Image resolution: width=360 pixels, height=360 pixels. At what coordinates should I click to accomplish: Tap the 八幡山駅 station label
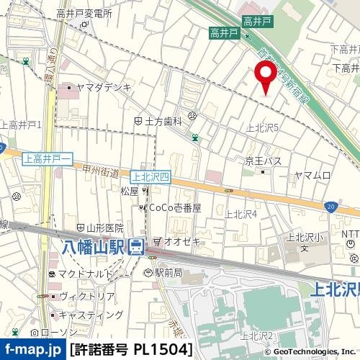point(91,247)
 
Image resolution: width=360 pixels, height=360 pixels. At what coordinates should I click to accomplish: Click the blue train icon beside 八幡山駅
point(135,248)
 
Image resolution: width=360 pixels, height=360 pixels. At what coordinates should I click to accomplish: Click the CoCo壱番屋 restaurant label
point(174,207)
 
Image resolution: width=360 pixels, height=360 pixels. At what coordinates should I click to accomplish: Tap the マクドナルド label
point(86,274)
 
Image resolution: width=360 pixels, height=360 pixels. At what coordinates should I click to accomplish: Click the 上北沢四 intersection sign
point(150,175)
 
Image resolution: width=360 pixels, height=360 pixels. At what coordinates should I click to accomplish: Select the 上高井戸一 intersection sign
point(48,158)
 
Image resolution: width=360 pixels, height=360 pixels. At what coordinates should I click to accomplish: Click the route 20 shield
point(329,207)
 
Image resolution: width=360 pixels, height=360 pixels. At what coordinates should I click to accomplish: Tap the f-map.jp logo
point(33,350)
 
